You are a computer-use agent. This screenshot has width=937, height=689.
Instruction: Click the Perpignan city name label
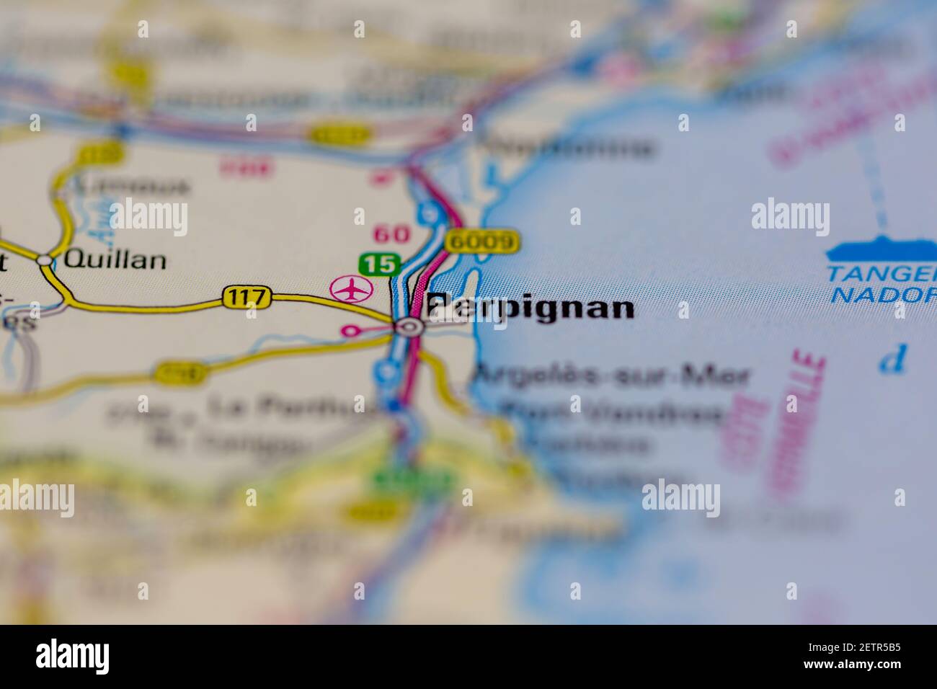(530, 308)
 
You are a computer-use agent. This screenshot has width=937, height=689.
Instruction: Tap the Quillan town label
(115, 259)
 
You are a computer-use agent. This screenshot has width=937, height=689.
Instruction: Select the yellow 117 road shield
(247, 296)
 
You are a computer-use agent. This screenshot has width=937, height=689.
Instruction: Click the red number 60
(391, 234)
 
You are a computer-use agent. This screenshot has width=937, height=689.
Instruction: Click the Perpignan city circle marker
(410, 328)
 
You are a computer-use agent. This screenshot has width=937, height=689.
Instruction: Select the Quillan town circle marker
(45, 260)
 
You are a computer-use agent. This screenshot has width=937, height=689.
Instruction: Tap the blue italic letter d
(894, 359)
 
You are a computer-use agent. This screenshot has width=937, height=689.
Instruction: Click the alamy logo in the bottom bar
(73, 657)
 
